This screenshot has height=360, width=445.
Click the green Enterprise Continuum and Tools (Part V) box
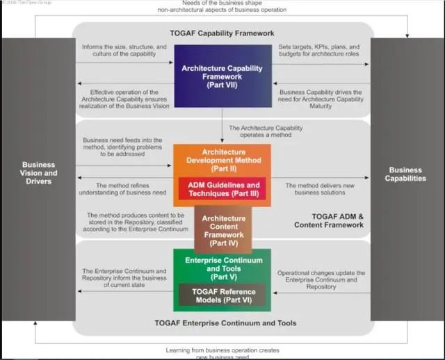click(222, 264)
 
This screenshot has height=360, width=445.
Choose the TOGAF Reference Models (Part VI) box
click(222, 295)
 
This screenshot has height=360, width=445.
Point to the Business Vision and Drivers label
click(39, 173)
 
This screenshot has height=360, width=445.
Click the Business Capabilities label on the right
click(407, 174)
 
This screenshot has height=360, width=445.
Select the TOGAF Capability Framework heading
click(222, 33)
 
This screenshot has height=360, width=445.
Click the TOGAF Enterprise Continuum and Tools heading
click(222, 323)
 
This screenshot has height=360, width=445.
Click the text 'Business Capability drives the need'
click(321, 99)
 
